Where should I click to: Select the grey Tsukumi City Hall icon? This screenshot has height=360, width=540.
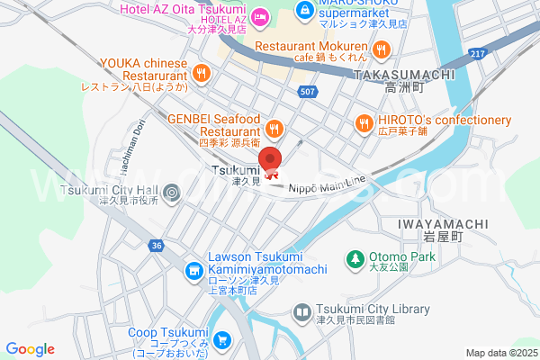pos(172,191)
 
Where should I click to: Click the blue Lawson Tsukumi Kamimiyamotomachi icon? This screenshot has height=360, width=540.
pos(193,270)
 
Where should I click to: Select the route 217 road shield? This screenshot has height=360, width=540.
pos(479,55)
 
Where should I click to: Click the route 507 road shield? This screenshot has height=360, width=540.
pos(307,92)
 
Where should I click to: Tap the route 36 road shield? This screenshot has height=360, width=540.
pos(157,245)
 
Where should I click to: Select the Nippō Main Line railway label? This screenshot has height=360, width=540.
pos(327,183)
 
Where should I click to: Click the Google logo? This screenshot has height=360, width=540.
pos(30,349)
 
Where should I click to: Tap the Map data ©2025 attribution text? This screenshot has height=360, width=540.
pos(500,353)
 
